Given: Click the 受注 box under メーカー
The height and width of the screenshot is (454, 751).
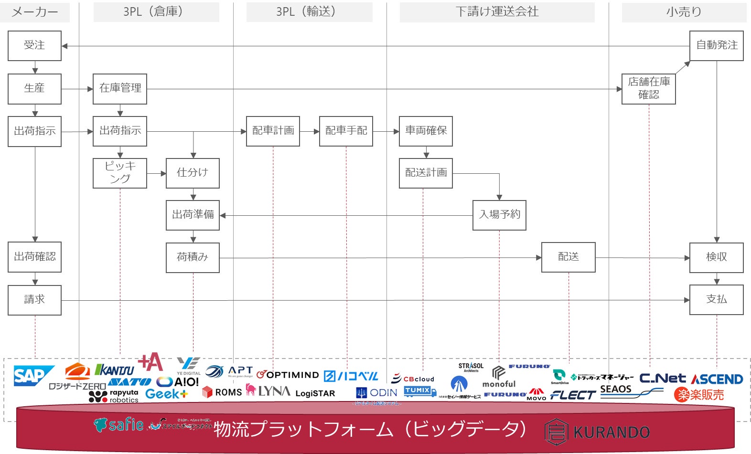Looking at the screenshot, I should [34, 45].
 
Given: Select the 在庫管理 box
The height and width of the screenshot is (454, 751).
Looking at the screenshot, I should [120, 88].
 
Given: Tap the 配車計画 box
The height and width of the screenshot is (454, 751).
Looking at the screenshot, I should [273, 131].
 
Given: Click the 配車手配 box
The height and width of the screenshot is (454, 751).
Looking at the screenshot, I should [346, 131].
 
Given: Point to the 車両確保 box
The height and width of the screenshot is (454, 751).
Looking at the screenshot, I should [426, 131].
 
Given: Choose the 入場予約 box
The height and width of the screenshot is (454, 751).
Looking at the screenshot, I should [499, 215].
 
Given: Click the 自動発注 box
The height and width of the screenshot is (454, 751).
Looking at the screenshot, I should [716, 45].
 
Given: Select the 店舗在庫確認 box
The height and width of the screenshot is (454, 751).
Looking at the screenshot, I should [648, 88].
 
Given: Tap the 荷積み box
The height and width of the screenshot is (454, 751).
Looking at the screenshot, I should [193, 257].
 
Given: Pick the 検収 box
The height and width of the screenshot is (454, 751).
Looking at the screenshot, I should [716, 257].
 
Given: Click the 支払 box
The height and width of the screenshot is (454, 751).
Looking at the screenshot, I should [716, 299].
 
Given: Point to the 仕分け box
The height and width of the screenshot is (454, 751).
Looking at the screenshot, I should [193, 173].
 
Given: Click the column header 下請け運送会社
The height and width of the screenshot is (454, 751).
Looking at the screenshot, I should [497, 12].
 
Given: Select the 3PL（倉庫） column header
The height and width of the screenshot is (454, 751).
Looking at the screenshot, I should [156, 12].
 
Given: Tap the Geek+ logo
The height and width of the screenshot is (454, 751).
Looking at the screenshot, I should [166, 394].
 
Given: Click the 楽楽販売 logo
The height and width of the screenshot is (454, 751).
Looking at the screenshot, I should [698, 395].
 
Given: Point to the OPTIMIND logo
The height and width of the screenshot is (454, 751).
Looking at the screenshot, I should [288, 375].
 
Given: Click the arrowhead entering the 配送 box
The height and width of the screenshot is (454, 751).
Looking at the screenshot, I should [538, 258].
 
